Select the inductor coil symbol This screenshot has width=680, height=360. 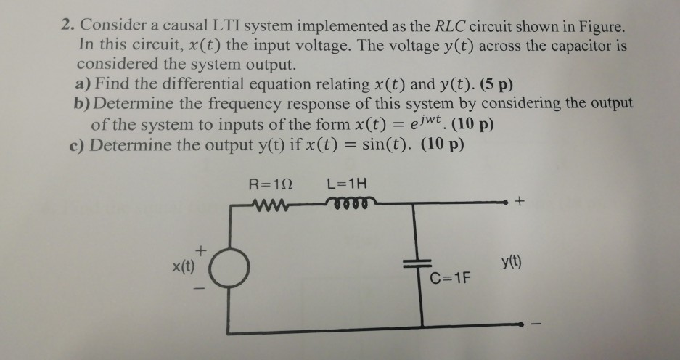351,202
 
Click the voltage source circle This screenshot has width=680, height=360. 231,271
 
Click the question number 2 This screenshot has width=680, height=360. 66,26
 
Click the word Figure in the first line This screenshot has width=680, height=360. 600,26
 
